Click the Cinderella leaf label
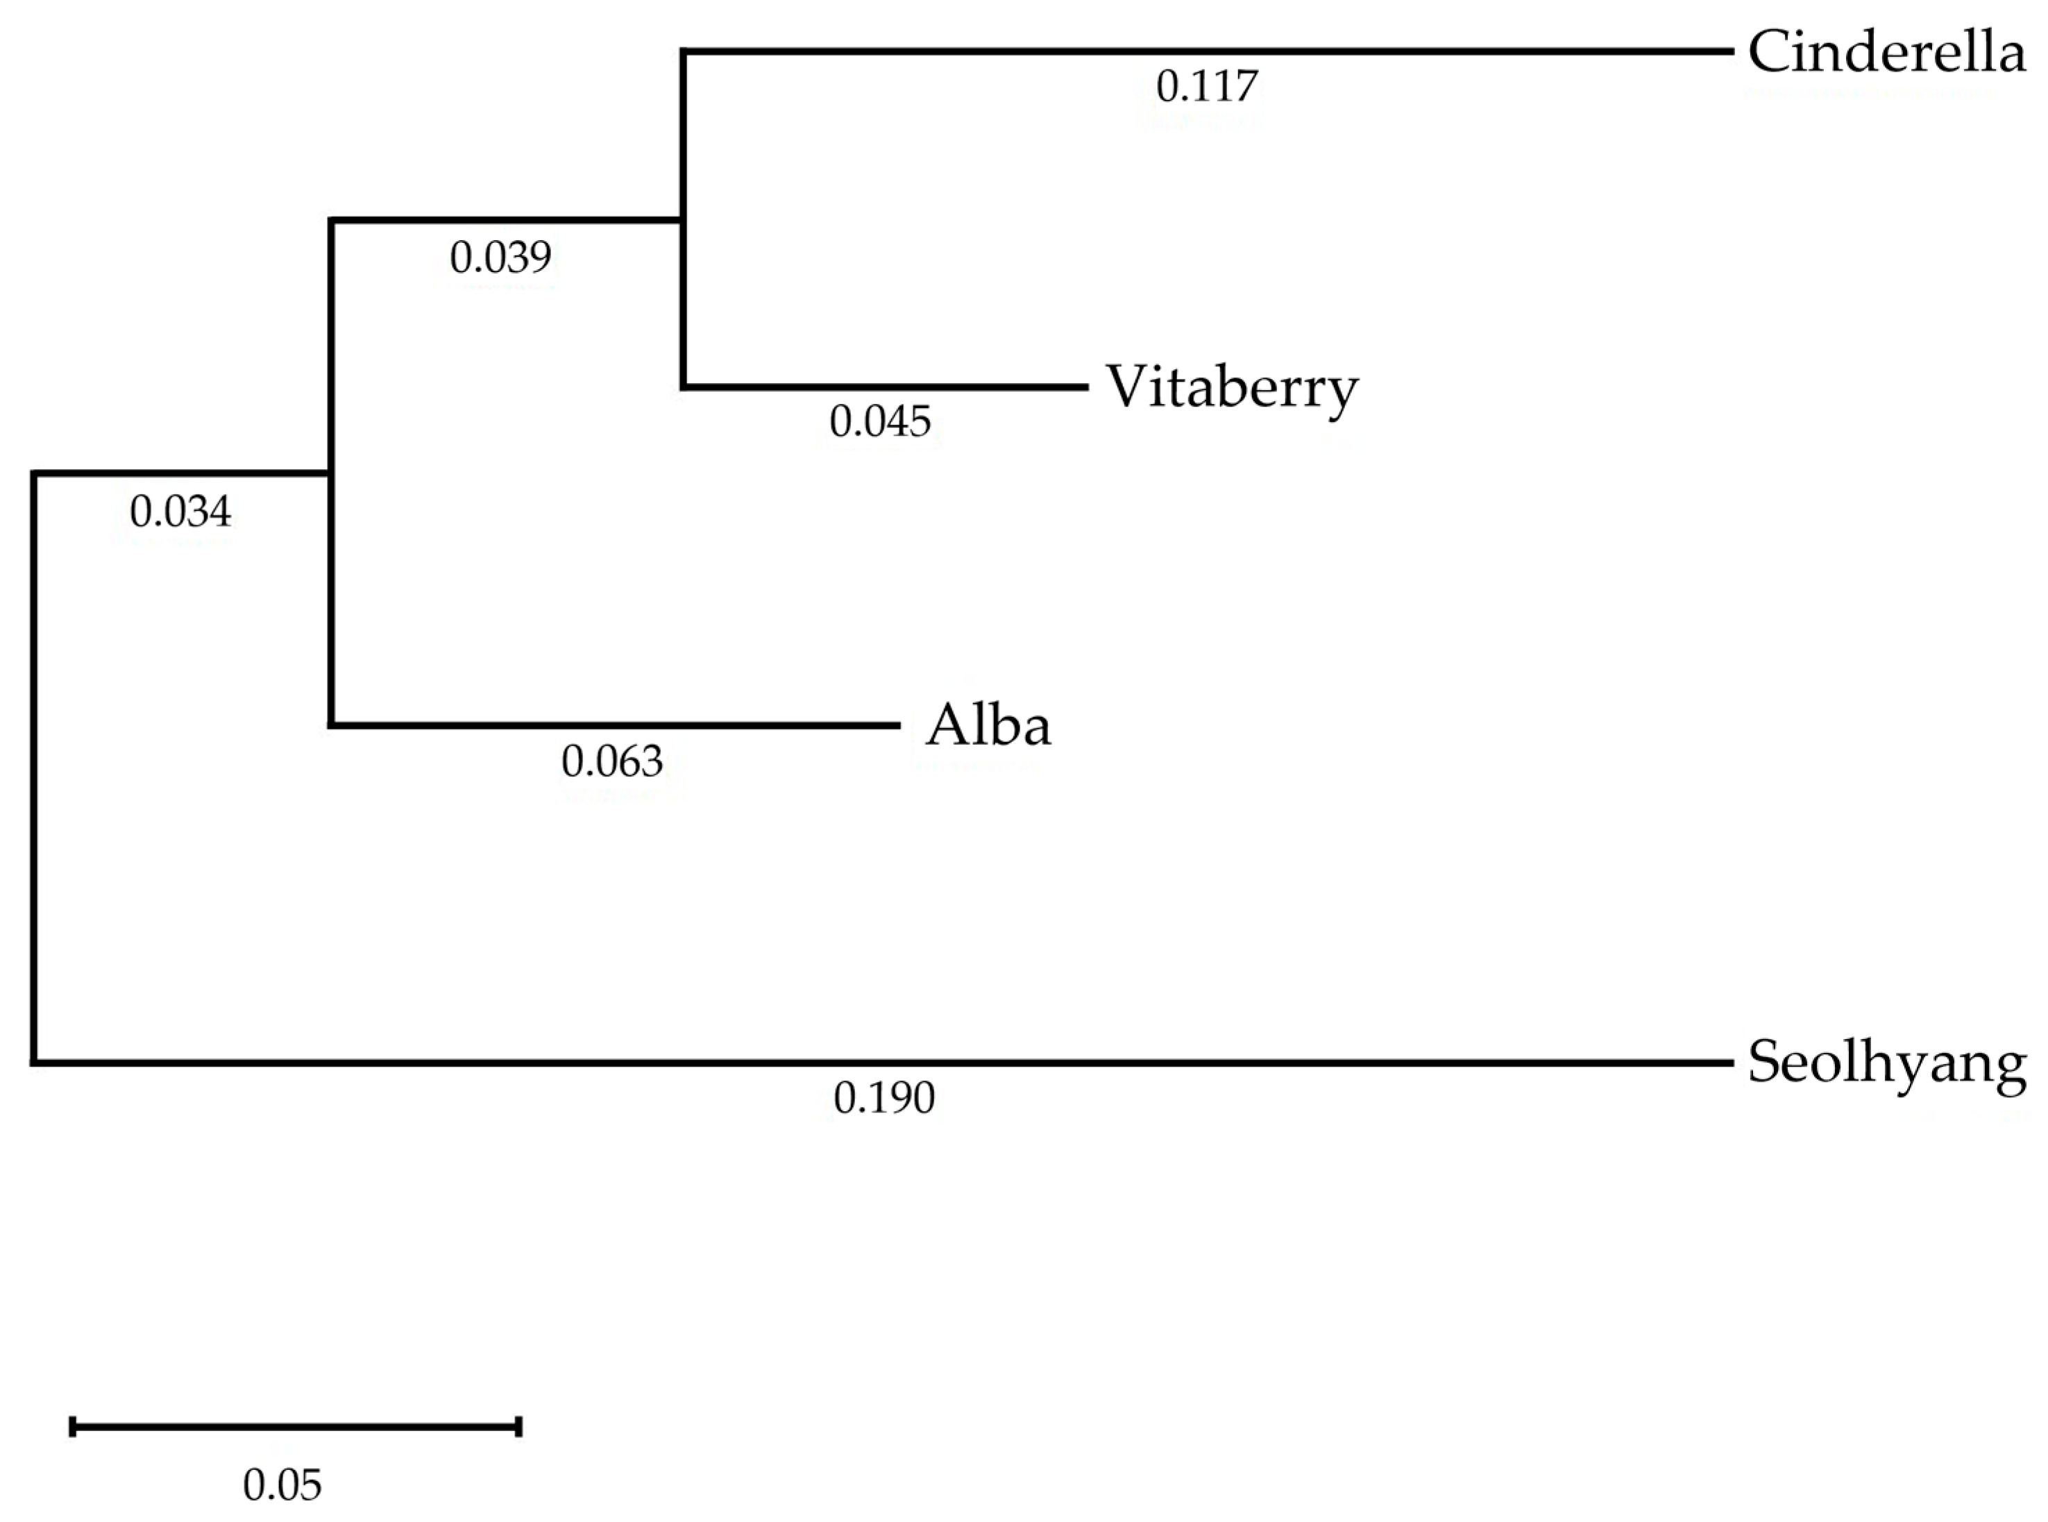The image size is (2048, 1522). click(1886, 53)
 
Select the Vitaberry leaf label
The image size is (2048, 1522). click(1232, 387)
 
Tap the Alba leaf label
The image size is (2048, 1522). click(988, 726)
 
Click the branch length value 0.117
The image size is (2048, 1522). click(1206, 87)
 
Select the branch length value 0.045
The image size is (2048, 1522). click(880, 422)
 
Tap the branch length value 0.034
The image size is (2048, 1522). click(180, 512)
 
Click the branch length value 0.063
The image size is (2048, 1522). click(611, 762)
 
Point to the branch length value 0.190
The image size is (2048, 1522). click(883, 1098)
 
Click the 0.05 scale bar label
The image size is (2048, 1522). click(282, 1485)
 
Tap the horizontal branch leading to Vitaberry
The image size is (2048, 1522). click(884, 387)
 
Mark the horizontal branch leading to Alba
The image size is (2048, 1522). click(613, 726)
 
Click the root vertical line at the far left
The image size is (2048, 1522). click(34, 768)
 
